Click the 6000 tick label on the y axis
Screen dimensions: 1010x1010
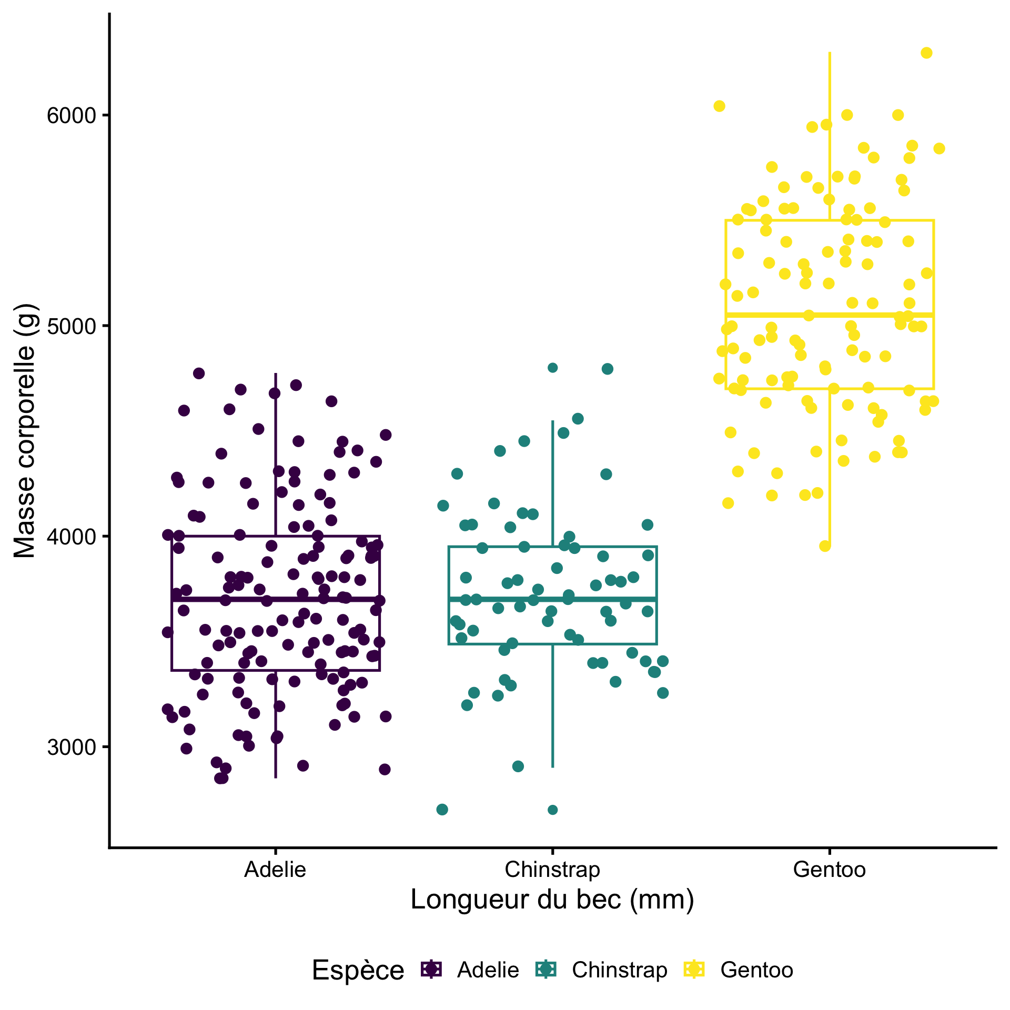click(71, 115)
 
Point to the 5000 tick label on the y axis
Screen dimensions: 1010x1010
click(71, 326)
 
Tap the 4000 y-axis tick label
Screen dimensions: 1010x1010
click(71, 537)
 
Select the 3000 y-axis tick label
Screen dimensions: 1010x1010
click(71, 747)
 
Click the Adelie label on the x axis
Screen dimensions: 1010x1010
click(275, 870)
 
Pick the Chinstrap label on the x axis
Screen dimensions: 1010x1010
click(552, 870)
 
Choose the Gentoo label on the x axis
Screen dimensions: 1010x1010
click(829, 870)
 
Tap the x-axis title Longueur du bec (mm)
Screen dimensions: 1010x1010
click(552, 900)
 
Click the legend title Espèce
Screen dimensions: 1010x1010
click(358, 970)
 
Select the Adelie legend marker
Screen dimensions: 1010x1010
click(432, 969)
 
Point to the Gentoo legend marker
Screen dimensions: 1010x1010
click(694, 969)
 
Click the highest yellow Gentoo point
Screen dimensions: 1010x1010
click(926, 53)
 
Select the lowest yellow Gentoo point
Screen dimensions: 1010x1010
click(825, 546)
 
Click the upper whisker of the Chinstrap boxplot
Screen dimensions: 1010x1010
click(552, 484)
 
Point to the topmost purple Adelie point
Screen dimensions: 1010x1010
click(199, 373)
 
